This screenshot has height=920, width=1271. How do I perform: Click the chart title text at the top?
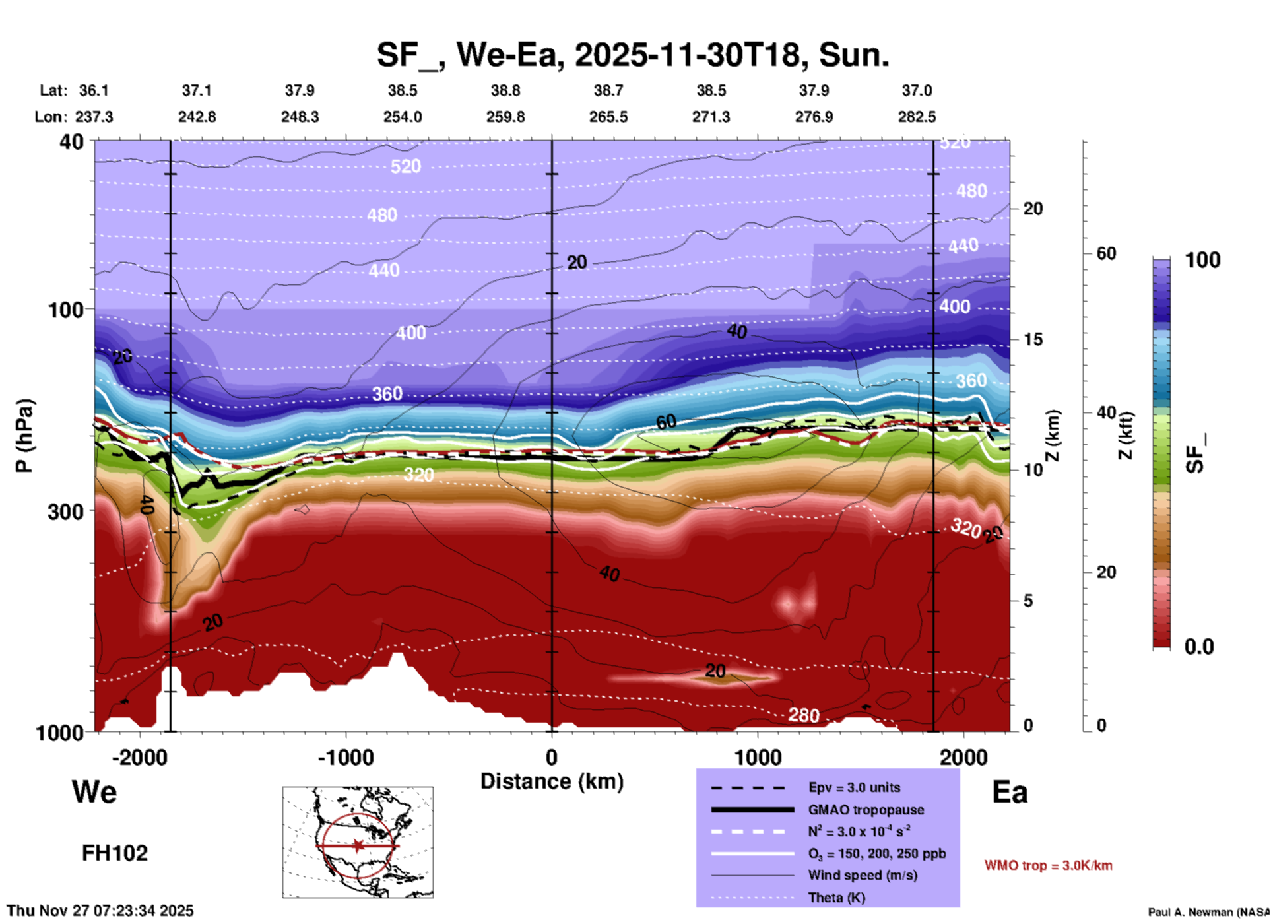[x=633, y=55]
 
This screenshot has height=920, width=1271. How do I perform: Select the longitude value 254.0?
[x=403, y=117]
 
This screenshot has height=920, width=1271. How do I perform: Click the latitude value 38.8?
[x=505, y=90]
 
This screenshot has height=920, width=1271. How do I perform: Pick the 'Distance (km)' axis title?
[x=552, y=781]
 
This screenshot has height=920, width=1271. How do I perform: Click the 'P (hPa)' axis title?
[x=24, y=436]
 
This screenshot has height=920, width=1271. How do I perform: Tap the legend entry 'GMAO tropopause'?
[x=865, y=810]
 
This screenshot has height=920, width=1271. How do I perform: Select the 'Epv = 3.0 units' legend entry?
[x=854, y=787]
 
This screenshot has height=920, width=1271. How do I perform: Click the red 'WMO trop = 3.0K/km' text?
[x=1048, y=865]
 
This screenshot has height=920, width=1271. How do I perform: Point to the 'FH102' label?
[x=115, y=853]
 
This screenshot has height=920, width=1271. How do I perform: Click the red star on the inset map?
[x=358, y=845]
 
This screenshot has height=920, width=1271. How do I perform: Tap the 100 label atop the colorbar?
[x=1202, y=260]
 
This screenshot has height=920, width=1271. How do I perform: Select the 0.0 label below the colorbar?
[x=1199, y=647]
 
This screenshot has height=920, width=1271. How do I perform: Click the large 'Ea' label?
[x=1010, y=792]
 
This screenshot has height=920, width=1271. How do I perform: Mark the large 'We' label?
[x=94, y=791]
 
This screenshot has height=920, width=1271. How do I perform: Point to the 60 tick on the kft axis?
[x=1106, y=253]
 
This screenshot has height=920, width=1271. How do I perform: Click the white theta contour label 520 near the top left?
[x=405, y=166]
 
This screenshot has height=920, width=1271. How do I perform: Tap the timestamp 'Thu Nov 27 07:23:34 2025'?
[x=100, y=911]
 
